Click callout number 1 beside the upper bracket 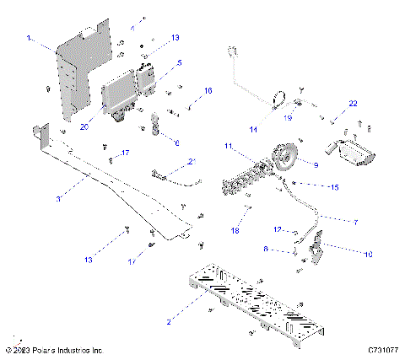pyautogui.click(x=30, y=38)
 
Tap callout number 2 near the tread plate pyautogui.click(x=170, y=321)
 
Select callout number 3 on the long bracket pyautogui.click(x=58, y=198)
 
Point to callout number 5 pyautogui.click(x=179, y=62)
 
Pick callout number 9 pyautogui.click(x=316, y=165)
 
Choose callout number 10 pyautogui.click(x=367, y=253)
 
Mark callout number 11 pyautogui.click(x=228, y=147)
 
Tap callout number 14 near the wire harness pyautogui.click(x=252, y=129)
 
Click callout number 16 pyautogui.click(x=208, y=89)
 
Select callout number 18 pyautogui.click(x=235, y=229)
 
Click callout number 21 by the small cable pyautogui.click(x=192, y=160)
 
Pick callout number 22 pyautogui.click(x=354, y=102)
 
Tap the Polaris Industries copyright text pyautogui.click(x=54, y=349)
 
